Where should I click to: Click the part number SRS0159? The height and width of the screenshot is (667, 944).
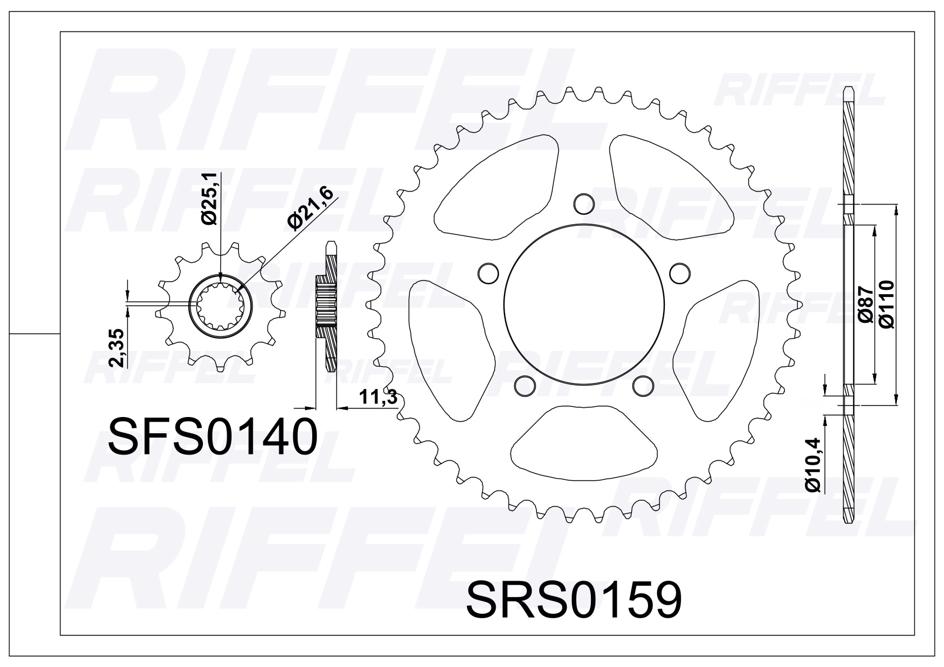click(574, 599)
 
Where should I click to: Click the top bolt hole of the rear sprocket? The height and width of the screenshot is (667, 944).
click(584, 202)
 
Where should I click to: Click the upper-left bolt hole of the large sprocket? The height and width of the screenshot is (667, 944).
click(488, 272)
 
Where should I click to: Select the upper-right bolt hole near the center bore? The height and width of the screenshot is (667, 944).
click(680, 272)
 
